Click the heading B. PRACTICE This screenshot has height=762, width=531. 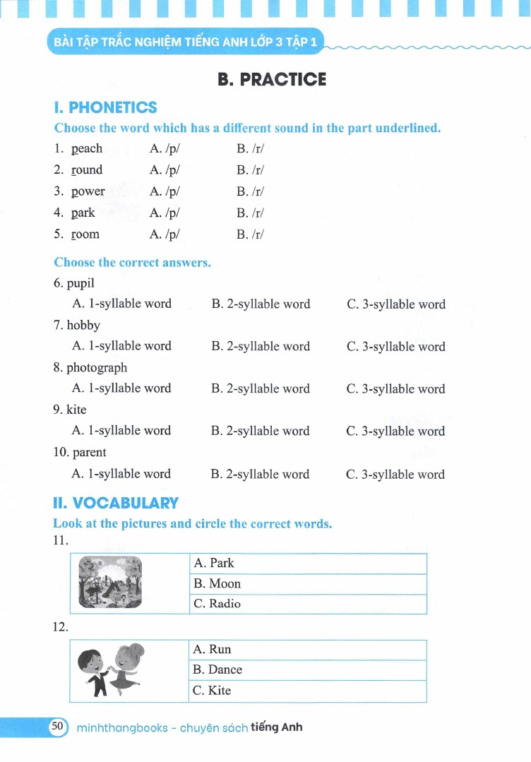click(x=272, y=79)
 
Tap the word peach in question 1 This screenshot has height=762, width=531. click(x=87, y=148)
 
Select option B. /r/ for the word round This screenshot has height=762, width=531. click(x=250, y=169)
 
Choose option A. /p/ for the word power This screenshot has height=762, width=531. click(x=165, y=191)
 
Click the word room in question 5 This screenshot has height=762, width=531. click(x=85, y=234)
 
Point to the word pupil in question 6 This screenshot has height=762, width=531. click(x=80, y=283)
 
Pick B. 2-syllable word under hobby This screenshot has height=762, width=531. click(x=261, y=346)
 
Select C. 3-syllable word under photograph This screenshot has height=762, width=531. click(x=395, y=388)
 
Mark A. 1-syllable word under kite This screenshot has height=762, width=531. click(x=121, y=431)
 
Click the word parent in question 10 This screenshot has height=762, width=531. click(x=90, y=453)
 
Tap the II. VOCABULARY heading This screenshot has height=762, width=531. click(x=116, y=503)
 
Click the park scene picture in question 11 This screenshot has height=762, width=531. click(x=109, y=583)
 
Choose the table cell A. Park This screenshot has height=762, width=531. click(x=308, y=564)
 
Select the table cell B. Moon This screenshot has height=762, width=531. click(x=308, y=584)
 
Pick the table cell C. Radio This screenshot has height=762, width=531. click(x=308, y=604)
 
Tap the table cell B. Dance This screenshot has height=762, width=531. click(x=308, y=669)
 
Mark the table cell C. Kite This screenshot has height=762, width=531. click(x=308, y=691)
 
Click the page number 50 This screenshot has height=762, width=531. click(x=57, y=726)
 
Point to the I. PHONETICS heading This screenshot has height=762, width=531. click(x=105, y=108)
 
